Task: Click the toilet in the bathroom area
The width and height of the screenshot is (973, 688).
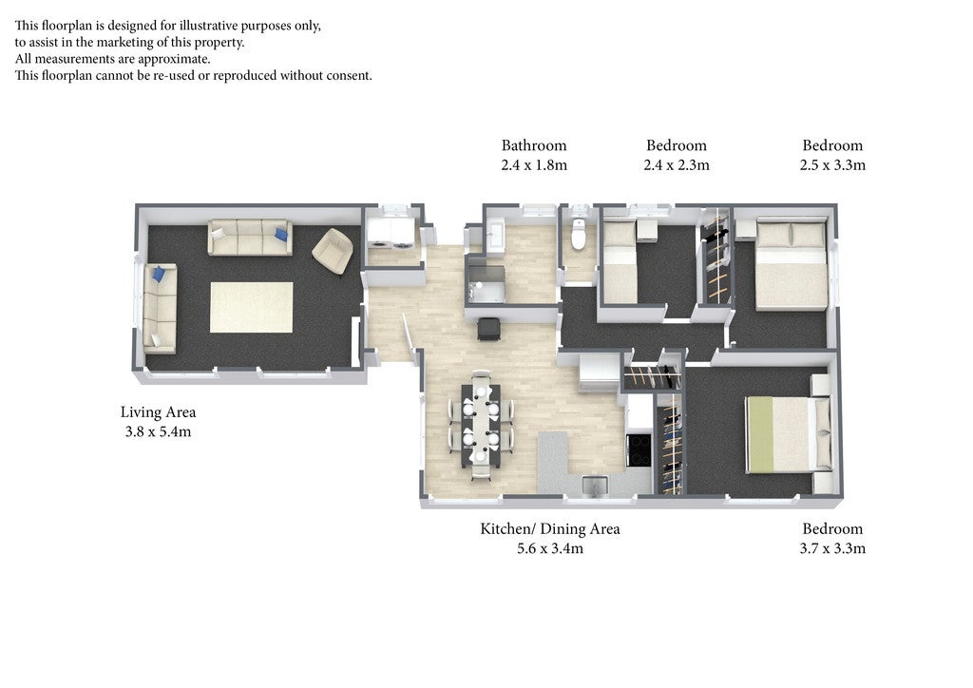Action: click(579, 234)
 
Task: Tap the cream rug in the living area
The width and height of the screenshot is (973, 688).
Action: click(251, 307)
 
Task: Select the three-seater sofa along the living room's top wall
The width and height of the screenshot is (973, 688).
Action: click(250, 237)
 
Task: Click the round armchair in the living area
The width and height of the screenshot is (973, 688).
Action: click(333, 251)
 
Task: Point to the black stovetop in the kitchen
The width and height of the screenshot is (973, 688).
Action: click(639, 449)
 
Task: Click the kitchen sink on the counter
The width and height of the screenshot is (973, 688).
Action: click(595, 486)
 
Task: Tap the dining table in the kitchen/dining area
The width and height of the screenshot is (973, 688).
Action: click(481, 425)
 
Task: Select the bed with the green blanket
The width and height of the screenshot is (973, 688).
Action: click(788, 433)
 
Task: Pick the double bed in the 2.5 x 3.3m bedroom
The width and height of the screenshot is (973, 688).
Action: click(792, 264)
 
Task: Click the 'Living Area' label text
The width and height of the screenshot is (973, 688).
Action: click(159, 411)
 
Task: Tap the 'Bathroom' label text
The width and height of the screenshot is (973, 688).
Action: click(534, 145)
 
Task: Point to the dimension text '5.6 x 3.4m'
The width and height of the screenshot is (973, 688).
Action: click(550, 548)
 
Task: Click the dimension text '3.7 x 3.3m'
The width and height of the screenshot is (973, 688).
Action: click(832, 548)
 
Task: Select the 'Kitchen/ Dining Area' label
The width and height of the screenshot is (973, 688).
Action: click(550, 528)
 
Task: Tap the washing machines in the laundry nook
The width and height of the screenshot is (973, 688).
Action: click(391, 234)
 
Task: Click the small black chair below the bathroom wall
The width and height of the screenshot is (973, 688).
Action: click(488, 329)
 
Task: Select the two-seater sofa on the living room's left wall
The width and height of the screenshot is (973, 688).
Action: click(160, 308)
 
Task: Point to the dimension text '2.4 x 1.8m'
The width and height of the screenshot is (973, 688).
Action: click(534, 165)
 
